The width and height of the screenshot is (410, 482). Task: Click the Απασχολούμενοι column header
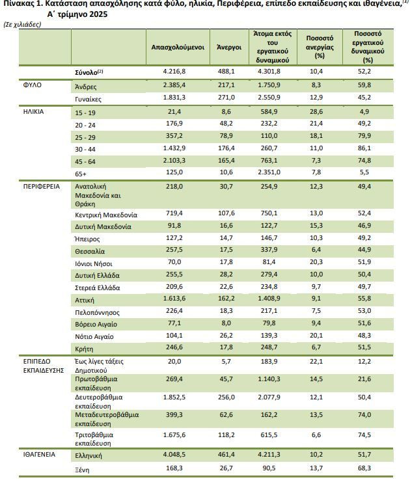pos(178,47)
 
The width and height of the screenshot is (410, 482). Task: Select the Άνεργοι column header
pos(229,47)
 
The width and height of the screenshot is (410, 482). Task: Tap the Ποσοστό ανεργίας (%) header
pos(320,47)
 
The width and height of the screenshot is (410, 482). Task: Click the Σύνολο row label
pos(89,72)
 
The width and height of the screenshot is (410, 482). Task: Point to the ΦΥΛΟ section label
pos(33,85)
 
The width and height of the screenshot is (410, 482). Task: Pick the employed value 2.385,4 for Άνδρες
pos(174,85)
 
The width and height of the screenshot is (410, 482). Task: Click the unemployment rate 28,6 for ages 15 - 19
pos(316,112)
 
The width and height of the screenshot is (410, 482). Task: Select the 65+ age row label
pos(81,174)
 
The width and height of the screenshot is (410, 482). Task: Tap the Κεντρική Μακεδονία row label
pos(106,215)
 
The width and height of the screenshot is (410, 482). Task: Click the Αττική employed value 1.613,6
pos(174,299)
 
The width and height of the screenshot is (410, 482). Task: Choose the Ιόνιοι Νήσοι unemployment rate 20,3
pos(316,262)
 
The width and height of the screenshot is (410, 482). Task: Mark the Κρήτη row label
pos(84,349)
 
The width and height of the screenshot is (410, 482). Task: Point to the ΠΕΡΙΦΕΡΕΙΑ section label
pos(42,187)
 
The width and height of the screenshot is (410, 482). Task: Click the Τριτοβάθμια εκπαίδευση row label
pos(94,439)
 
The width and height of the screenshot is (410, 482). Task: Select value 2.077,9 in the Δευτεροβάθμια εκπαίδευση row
pos(269,397)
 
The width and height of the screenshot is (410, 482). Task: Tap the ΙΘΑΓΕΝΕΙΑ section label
pos(39,454)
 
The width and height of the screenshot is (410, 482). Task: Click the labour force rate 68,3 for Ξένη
pos(364,468)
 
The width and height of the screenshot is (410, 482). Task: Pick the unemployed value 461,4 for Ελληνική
pos(226,454)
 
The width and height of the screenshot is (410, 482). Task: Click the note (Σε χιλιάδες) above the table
pos(22,25)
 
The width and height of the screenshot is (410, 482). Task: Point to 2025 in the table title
pos(98,14)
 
